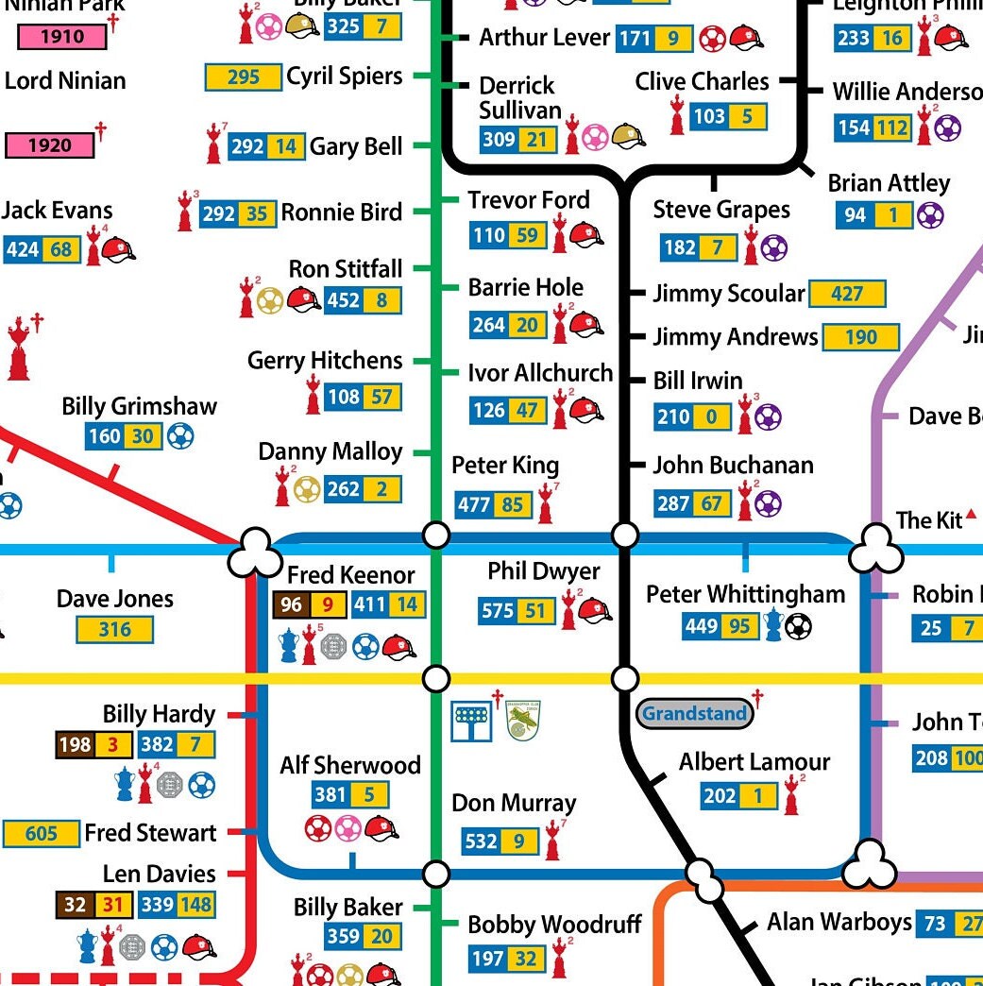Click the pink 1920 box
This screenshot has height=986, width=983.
[x=50, y=145]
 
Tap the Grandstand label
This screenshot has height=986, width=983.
[x=695, y=714]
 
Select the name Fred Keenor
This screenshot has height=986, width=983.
[x=350, y=575]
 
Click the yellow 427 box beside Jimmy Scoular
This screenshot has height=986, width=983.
[x=847, y=294]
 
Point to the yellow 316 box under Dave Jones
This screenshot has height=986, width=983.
[x=114, y=630]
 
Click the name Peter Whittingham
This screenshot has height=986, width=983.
[x=745, y=594]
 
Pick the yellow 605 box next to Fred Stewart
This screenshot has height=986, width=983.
[x=41, y=834]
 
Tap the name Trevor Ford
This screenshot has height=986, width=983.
[x=529, y=200]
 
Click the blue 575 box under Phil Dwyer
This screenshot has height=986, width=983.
[x=497, y=611]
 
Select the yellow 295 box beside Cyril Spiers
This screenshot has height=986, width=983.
[x=243, y=76]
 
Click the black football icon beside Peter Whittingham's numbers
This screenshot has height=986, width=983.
[x=798, y=626]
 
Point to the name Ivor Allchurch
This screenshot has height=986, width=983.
[x=540, y=373]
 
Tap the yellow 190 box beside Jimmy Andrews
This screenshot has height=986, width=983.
[x=860, y=337]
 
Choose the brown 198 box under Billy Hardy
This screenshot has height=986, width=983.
[x=75, y=745]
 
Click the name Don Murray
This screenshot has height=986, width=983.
[x=513, y=804]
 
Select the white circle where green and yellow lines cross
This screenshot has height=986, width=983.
[x=435, y=678]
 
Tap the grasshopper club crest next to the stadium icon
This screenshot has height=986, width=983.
[x=522, y=721]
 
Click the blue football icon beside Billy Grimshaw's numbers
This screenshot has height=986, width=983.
[x=179, y=436]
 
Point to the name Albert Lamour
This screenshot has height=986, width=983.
[x=754, y=762]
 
